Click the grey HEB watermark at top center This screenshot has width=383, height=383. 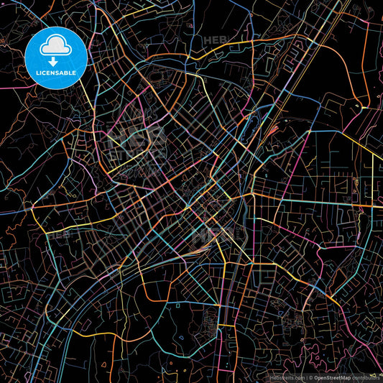[x=216, y=41]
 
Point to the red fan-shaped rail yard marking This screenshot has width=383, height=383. [x=273, y=130]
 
